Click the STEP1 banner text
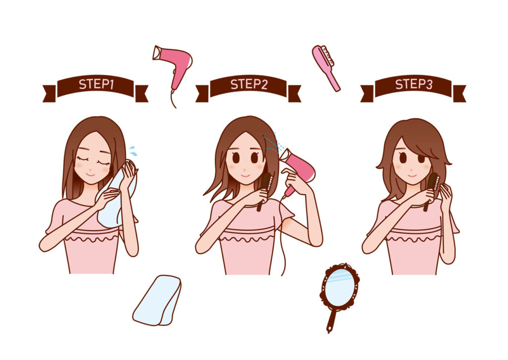coord(96,84)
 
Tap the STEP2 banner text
coord(249,84)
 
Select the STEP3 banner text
coord(414,84)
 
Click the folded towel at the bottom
coord(157,300)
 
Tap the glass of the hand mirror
coord(339,288)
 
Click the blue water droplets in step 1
coord(133,151)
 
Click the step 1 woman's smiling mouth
coord(90,174)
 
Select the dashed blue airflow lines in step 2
coord(273,142)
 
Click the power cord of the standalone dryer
coord(173,98)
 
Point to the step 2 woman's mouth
coord(245,175)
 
